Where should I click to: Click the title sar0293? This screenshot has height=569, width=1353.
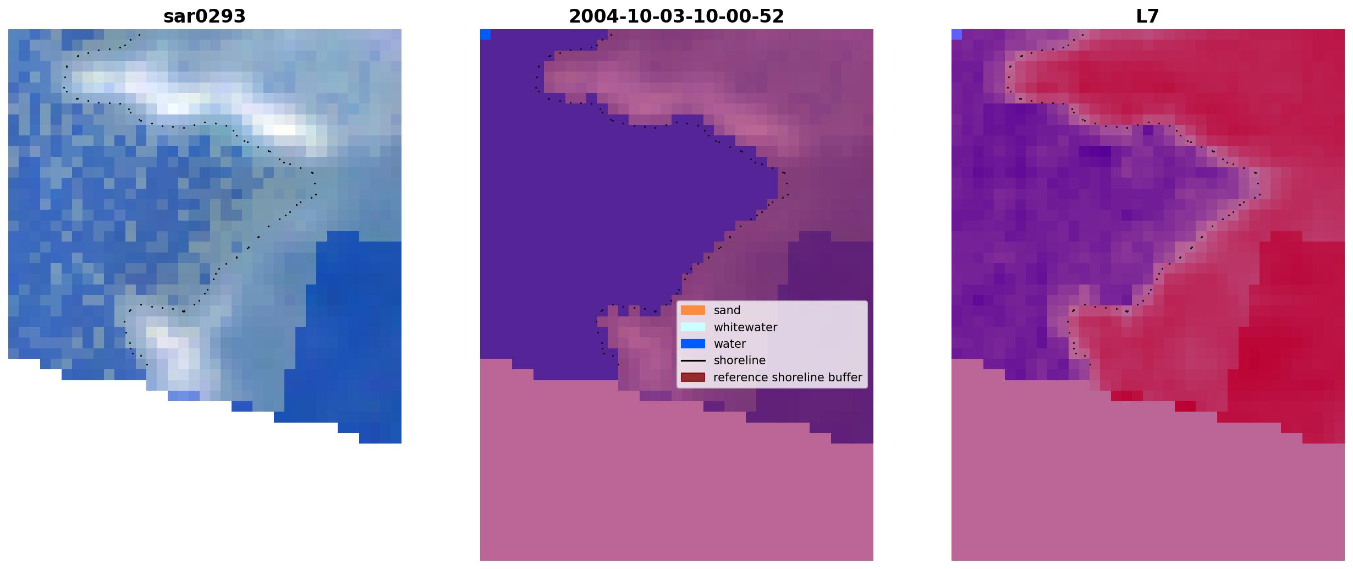coord(204,17)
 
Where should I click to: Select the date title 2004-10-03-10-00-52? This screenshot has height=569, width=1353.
coord(676,17)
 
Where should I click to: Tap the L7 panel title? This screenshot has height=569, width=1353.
coord(1147,17)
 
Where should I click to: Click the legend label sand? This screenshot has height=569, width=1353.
coord(727,310)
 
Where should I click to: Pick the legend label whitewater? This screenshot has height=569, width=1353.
coord(745,327)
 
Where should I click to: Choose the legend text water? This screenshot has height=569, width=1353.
coord(729,344)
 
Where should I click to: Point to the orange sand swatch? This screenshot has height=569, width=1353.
coord(693,310)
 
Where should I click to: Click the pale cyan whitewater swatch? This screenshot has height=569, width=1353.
coord(693,327)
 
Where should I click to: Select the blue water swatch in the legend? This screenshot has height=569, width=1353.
coord(693,344)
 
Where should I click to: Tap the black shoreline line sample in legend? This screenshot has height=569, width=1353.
coord(693,361)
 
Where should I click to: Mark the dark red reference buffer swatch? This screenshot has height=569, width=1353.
coord(693,377)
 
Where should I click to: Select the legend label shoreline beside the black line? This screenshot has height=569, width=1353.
coord(739,360)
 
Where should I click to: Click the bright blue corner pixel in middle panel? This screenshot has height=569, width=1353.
coord(485,35)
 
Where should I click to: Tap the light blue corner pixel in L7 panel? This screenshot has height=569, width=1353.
coord(956,35)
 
